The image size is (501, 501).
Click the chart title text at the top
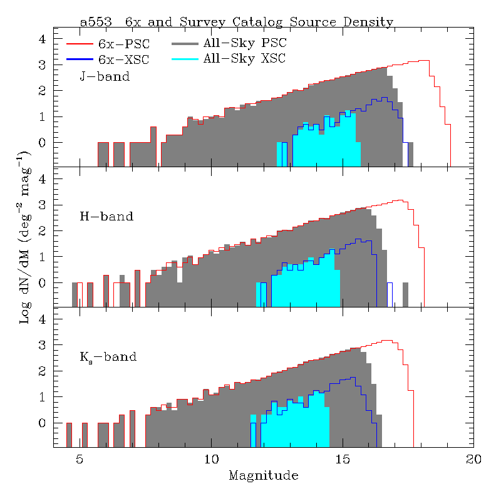pyautogui.click(x=237, y=22)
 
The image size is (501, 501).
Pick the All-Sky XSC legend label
pyautogui.click(x=244, y=59)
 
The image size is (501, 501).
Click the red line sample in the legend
pyautogui.click(x=80, y=44)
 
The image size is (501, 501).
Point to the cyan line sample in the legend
pyautogui.click(x=184, y=59)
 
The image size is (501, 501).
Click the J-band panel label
pyautogui.click(x=105, y=76)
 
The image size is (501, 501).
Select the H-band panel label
pyautogui.click(x=106, y=217)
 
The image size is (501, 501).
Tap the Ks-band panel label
pyautogui.click(x=108, y=358)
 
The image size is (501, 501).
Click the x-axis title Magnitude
pyautogui.click(x=263, y=475)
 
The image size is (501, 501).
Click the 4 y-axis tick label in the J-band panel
pyautogui.click(x=43, y=39)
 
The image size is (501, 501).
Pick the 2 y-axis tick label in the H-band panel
pyautogui.click(x=43, y=231)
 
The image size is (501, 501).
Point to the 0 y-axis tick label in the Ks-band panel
pyautogui.click(x=43, y=423)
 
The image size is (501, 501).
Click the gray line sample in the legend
pyautogui.click(x=184, y=44)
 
